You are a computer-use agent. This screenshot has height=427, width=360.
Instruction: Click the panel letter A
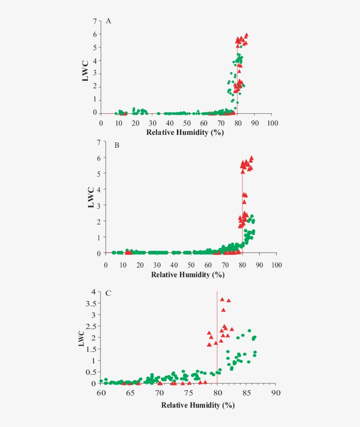(x=108, y=21)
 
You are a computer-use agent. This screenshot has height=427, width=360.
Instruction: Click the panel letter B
(x=117, y=145)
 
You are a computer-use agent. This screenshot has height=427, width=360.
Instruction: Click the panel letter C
(x=108, y=293)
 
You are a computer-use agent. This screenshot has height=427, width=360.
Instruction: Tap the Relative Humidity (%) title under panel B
(x=188, y=275)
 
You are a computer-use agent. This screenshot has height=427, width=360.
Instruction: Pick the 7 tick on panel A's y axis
(x=95, y=22)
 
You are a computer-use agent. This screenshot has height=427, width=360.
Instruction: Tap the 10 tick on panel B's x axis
(x=123, y=265)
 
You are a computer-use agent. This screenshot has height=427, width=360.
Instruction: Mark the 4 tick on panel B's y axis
(x=99, y=189)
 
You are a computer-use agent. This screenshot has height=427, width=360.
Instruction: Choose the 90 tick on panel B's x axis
(x=259, y=265)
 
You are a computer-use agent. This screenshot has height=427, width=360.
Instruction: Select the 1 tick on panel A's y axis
(x=95, y=100)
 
